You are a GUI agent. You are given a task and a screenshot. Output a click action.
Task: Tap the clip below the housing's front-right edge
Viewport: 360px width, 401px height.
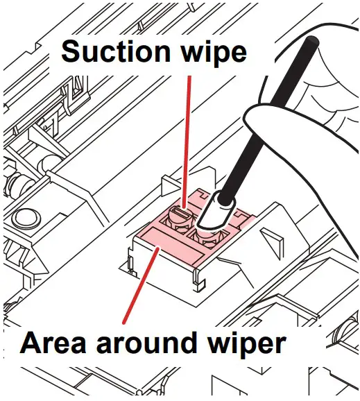point(198,281)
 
